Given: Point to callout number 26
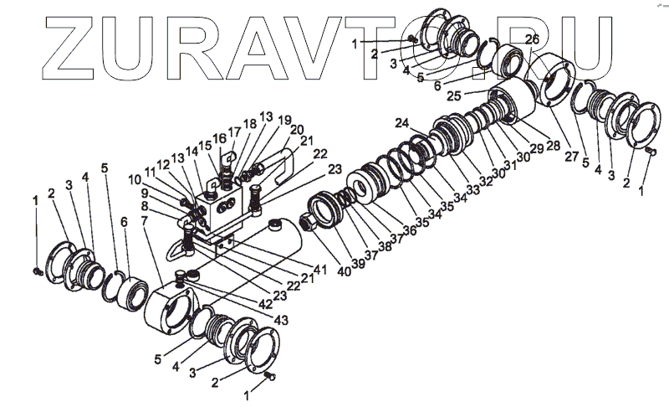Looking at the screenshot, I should (532, 39).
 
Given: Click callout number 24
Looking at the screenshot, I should (403, 124).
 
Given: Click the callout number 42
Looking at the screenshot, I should (266, 304).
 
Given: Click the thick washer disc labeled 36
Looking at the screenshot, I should (365, 186).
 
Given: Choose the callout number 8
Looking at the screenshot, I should (144, 204).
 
